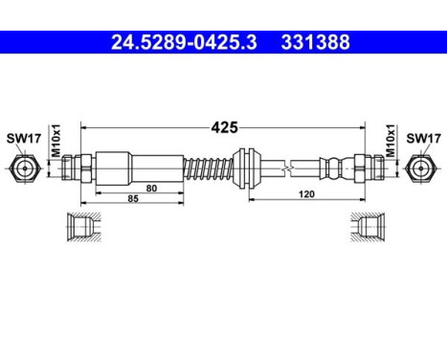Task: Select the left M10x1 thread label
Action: click(56, 142)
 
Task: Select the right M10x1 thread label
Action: click(391, 142)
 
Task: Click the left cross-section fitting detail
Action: click(81, 226)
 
